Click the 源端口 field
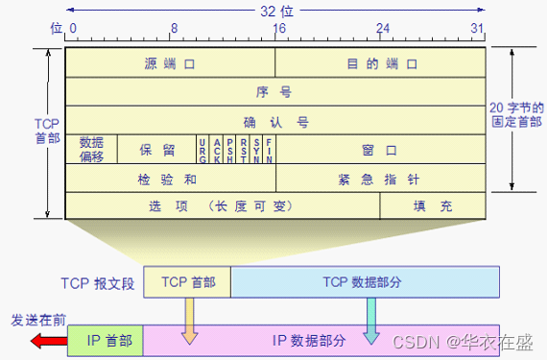click(170, 64)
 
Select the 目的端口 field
click(382, 64)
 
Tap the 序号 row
click(275, 93)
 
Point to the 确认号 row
click(275, 122)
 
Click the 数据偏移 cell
click(91, 149)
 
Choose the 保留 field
click(156, 150)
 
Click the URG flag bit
click(203, 150)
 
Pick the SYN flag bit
click(256, 150)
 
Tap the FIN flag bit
click(269, 150)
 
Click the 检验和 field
click(170, 179)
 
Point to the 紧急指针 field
click(382, 179)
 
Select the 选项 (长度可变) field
click(222, 205)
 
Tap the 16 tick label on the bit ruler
click(278, 29)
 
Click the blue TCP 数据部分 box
click(366, 281)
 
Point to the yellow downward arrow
click(189, 320)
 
